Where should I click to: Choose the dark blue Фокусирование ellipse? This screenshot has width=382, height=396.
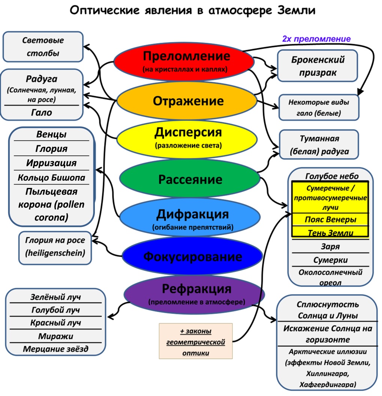click(192, 257)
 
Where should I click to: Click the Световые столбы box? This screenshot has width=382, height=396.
click(43, 47)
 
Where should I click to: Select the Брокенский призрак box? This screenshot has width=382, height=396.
click(317, 66)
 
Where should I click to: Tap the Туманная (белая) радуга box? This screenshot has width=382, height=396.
click(319, 145)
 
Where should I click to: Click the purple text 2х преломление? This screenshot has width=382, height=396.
click(316, 39)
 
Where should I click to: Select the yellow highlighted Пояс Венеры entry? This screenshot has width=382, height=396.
click(330, 220)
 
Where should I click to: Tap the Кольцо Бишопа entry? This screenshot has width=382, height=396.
click(51, 178)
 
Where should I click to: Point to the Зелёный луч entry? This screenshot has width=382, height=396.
click(55, 298)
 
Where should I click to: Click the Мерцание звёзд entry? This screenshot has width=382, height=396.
click(55, 349)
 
